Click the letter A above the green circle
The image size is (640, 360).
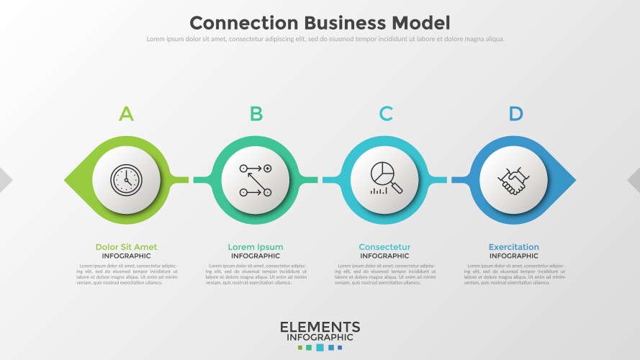point(126,114)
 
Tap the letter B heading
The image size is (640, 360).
point(256,114)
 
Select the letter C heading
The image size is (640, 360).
point(386,114)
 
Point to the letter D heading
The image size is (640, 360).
point(515,114)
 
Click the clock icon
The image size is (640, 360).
point(127,179)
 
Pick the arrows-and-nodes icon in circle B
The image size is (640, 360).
point(256,179)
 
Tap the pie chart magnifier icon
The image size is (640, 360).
point(385,179)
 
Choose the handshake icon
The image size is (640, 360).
point(513,179)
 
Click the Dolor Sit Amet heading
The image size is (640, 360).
point(126,247)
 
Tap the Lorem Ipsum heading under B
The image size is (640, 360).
point(256,247)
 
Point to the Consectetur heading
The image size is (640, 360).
point(384,247)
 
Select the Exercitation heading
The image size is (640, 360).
point(513,247)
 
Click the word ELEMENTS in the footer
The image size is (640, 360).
point(320,328)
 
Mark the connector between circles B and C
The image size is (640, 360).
point(320,179)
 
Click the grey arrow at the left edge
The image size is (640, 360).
point(5,179)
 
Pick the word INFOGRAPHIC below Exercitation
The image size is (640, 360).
point(513,256)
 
